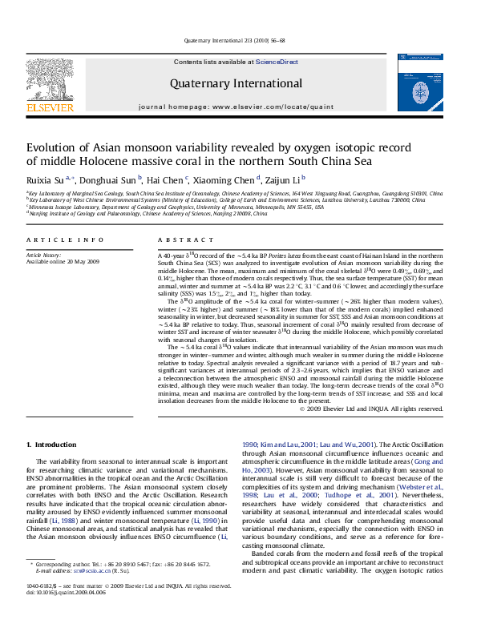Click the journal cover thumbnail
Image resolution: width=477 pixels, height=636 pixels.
coord(419,88)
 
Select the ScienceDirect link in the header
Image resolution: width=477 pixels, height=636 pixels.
coord(277,62)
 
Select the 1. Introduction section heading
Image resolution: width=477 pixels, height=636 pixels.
coord(52,445)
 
